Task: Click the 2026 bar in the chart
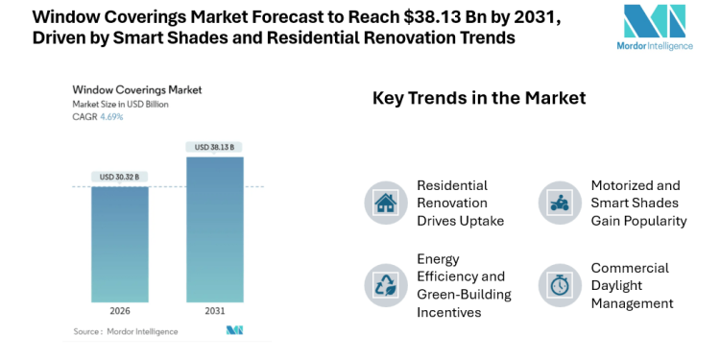(119, 244)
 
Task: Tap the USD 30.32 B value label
(119, 177)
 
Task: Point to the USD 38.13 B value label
(214, 147)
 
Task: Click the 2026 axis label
(119, 312)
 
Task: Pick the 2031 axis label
(214, 312)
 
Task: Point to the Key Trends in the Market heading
(478, 98)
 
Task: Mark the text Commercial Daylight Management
(633, 285)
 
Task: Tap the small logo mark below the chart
(234, 331)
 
